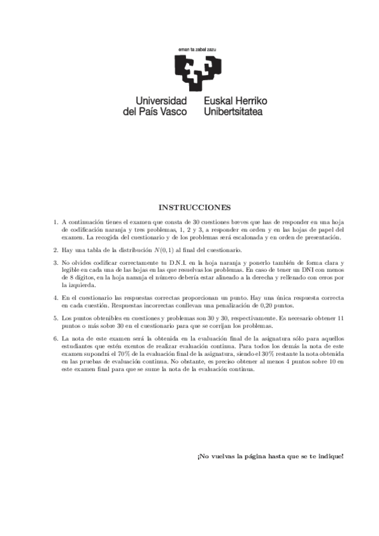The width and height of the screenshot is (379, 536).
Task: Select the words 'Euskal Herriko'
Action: coord(236,100)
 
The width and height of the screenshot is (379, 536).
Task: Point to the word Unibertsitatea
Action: coord(233,111)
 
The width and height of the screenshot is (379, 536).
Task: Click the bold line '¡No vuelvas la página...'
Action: coord(270,456)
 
